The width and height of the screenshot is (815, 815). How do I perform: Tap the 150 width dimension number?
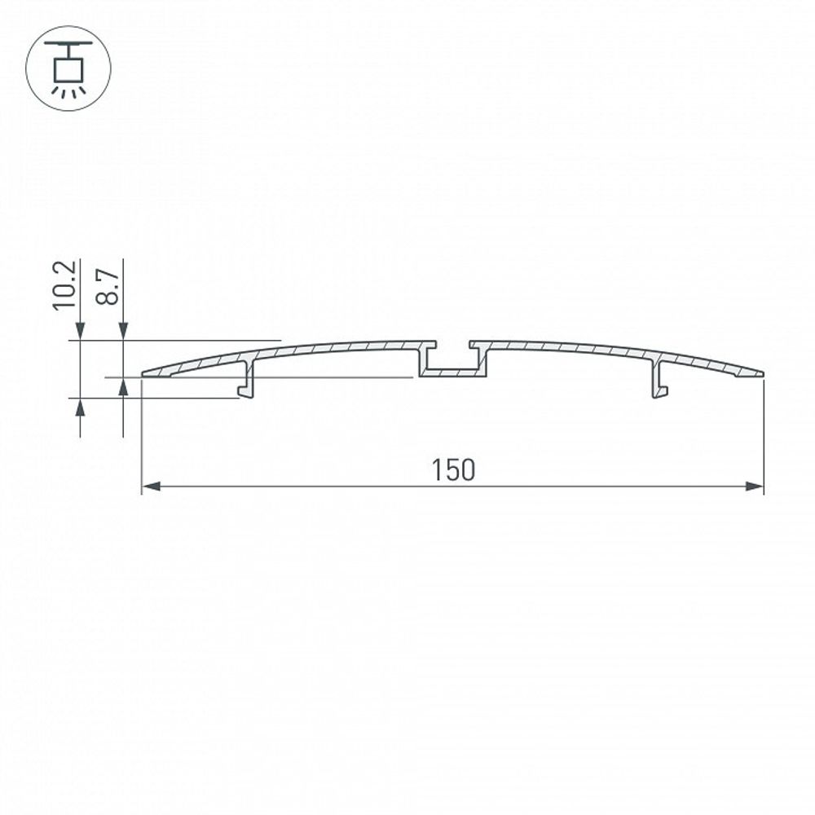tap(452, 470)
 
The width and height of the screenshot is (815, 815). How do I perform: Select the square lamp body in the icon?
tap(68, 68)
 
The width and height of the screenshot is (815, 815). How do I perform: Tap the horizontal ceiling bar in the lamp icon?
tap(68, 44)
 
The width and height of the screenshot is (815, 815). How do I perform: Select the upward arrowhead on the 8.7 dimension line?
tap(123, 386)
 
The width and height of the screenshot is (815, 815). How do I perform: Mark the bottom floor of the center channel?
tap(452, 373)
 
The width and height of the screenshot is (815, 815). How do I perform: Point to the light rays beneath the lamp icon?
tap(68, 91)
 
